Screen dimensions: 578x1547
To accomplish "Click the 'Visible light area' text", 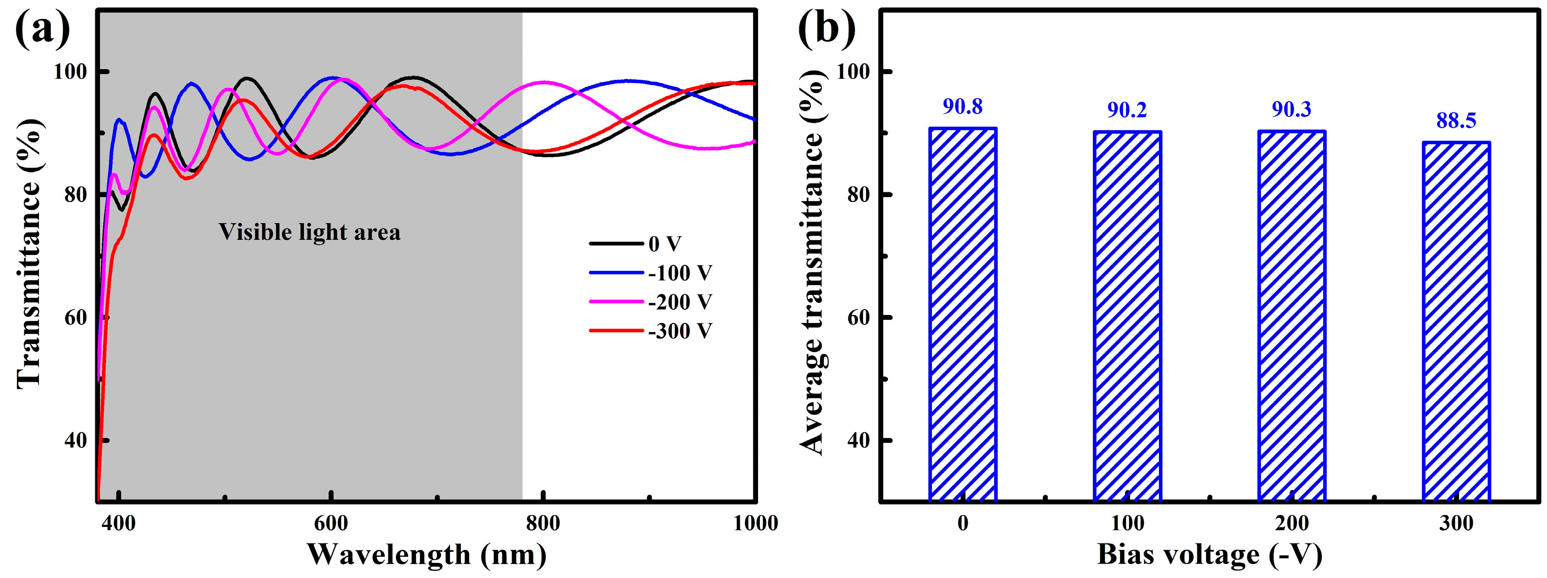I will pyautogui.click(x=309, y=232).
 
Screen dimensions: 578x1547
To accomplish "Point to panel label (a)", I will pyautogui.click(x=42, y=30).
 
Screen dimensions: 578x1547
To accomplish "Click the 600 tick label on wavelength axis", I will pyautogui.click(x=331, y=524).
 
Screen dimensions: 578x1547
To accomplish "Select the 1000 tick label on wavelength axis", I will pyautogui.click(x=755, y=524).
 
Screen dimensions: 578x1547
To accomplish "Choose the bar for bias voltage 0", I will pyautogui.click(x=963, y=315).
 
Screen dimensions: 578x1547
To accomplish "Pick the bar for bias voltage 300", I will pyautogui.click(x=1456, y=322).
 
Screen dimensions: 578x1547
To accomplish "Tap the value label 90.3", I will pyautogui.click(x=1292, y=110).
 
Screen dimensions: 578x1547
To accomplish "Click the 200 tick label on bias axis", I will pyautogui.click(x=1292, y=524).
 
